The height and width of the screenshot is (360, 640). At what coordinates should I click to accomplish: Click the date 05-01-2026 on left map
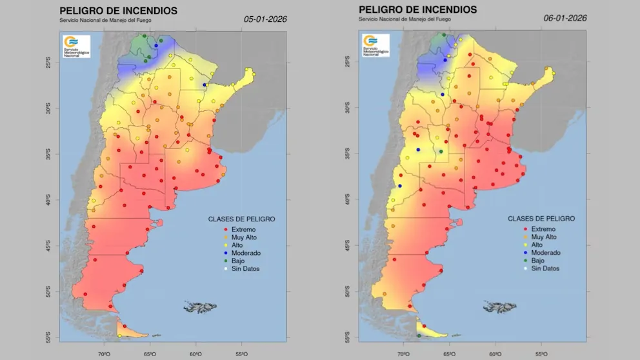pos(265,19)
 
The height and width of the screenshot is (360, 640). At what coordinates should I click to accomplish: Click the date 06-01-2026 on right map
pos(565,18)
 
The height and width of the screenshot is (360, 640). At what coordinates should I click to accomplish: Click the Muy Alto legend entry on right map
pos(543,237)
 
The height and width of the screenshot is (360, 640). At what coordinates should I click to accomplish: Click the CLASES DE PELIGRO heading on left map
pos(241,219)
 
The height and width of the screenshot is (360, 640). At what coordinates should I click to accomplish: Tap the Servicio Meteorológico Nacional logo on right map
pos(376,45)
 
